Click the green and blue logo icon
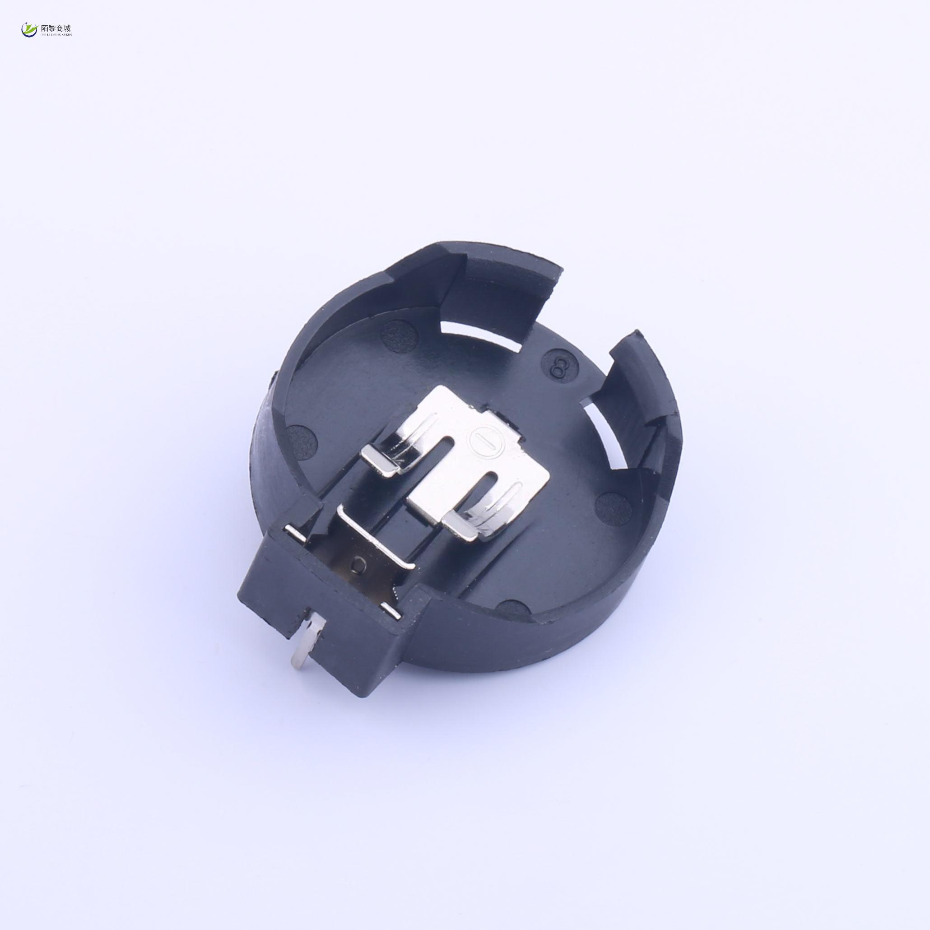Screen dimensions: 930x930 pyautogui.click(x=29, y=30)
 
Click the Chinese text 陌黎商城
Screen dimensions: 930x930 pyautogui.click(x=56, y=28)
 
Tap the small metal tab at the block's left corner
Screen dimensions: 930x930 pyautogui.click(x=293, y=530)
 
